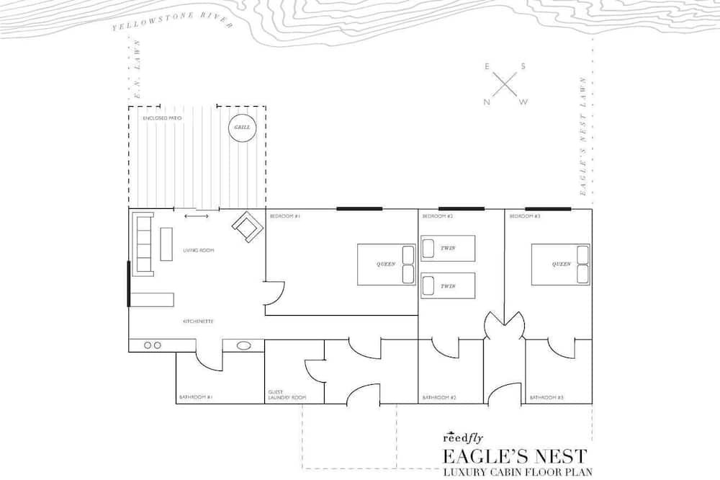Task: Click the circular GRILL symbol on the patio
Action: (243, 128)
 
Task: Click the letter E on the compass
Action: (487, 67)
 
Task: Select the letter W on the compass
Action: (523, 102)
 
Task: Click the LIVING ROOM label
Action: (199, 250)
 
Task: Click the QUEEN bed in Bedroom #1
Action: (387, 264)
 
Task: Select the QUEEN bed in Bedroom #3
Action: (561, 264)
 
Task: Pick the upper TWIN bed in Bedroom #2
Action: (448, 248)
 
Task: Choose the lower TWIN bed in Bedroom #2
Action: (448, 285)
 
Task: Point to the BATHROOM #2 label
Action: (437, 397)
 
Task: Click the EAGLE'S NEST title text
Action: (514, 455)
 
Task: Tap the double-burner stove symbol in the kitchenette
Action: (153, 345)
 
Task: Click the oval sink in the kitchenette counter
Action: (244, 345)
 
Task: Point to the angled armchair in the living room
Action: (247, 226)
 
